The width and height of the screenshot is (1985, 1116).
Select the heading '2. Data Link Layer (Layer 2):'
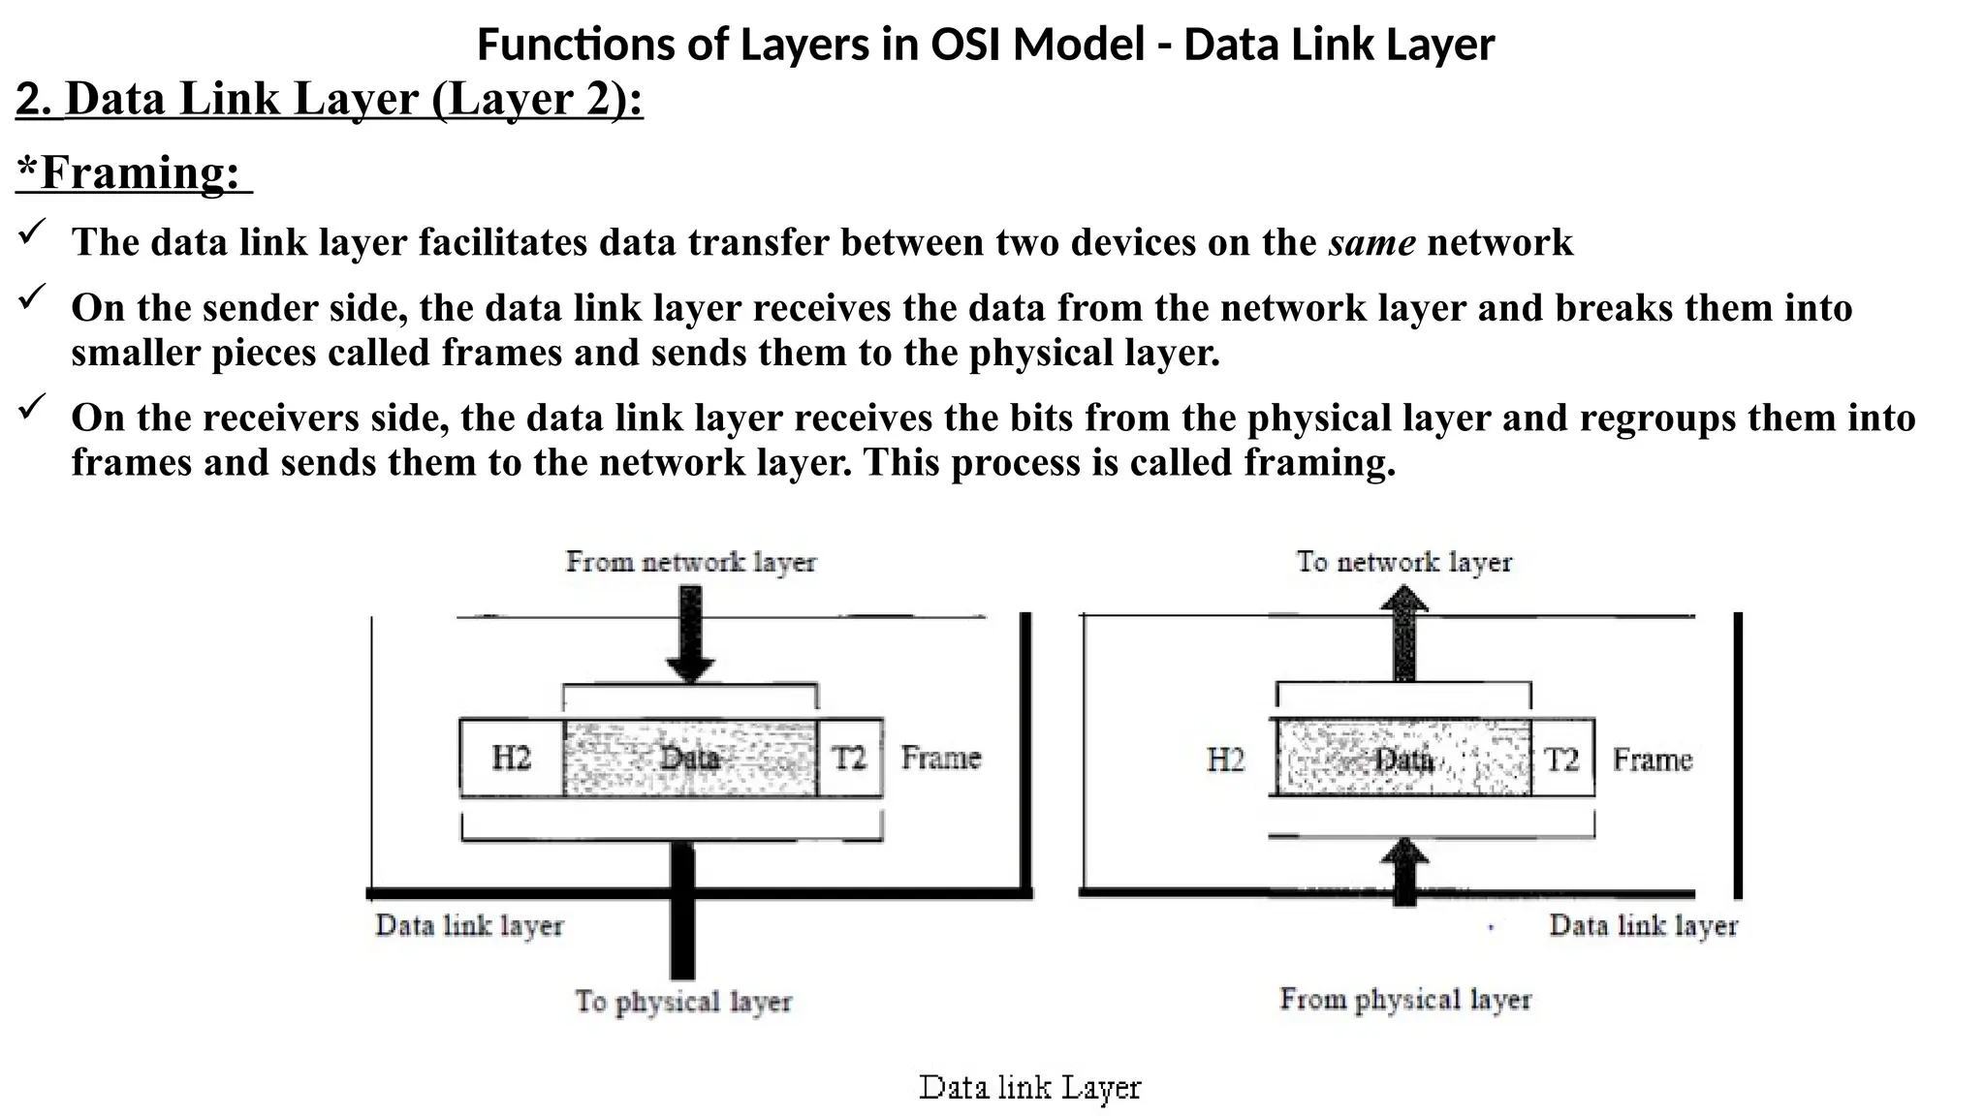(x=330, y=100)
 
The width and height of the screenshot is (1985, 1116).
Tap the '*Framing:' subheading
(x=134, y=173)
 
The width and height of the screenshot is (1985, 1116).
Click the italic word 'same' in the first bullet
(x=1371, y=242)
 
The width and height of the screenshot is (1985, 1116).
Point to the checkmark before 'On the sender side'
(x=33, y=296)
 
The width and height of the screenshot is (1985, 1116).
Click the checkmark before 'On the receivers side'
(x=33, y=406)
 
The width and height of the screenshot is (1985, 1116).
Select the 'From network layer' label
(x=691, y=562)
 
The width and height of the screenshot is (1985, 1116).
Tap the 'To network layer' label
(x=1403, y=562)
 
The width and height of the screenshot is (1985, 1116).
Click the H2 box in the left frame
(x=511, y=758)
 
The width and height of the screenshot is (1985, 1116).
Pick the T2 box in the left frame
(x=849, y=758)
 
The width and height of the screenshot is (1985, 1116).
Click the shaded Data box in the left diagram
(x=689, y=758)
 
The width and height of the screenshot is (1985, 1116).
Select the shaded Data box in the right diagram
(x=1402, y=759)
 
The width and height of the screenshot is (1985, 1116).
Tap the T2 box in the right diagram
(x=1561, y=759)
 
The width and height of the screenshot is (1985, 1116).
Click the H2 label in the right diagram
(x=1225, y=759)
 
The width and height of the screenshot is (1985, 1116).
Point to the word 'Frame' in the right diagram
(x=1652, y=759)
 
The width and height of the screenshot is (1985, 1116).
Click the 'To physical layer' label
(x=683, y=1001)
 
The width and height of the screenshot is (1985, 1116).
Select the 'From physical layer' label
(x=1404, y=999)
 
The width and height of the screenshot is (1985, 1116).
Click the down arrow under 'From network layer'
(x=690, y=635)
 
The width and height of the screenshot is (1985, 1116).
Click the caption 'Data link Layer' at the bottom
(x=1029, y=1087)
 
